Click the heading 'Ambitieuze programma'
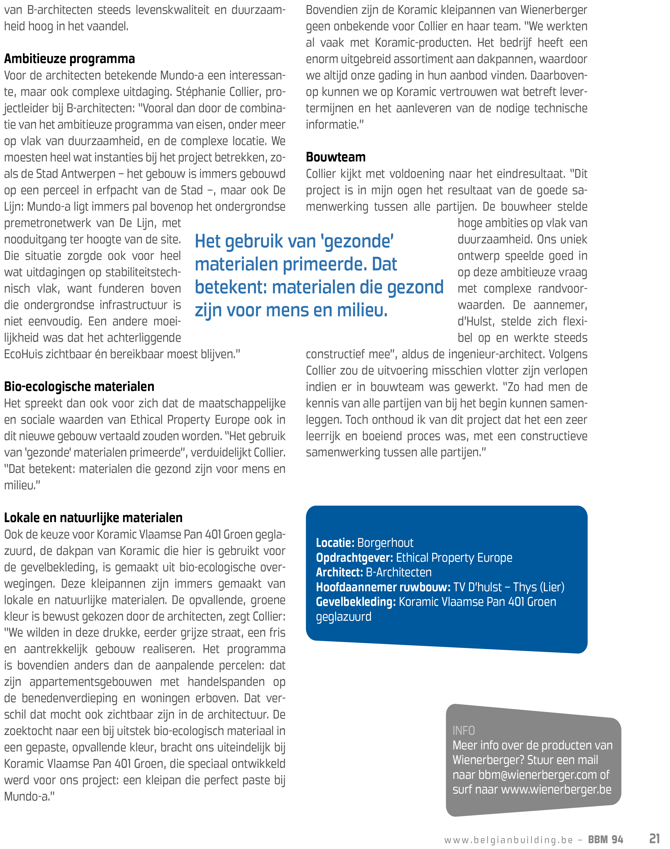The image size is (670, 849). pyautogui.click(x=69, y=59)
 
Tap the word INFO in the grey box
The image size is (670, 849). pyautogui.click(x=464, y=730)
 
